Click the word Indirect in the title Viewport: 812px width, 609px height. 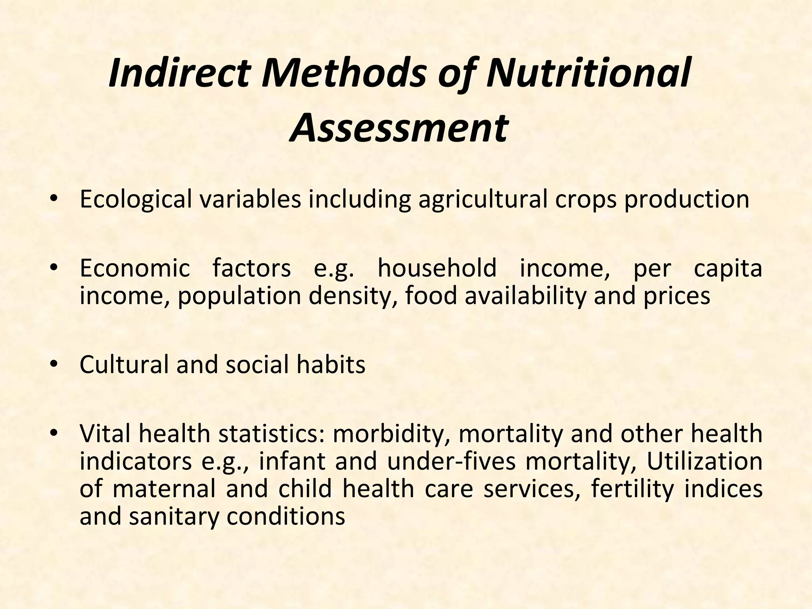[179, 74]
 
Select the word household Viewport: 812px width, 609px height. [437, 268]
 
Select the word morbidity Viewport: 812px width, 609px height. [392, 434]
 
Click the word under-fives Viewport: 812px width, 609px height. [451, 462]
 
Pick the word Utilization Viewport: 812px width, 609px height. [705, 462]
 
